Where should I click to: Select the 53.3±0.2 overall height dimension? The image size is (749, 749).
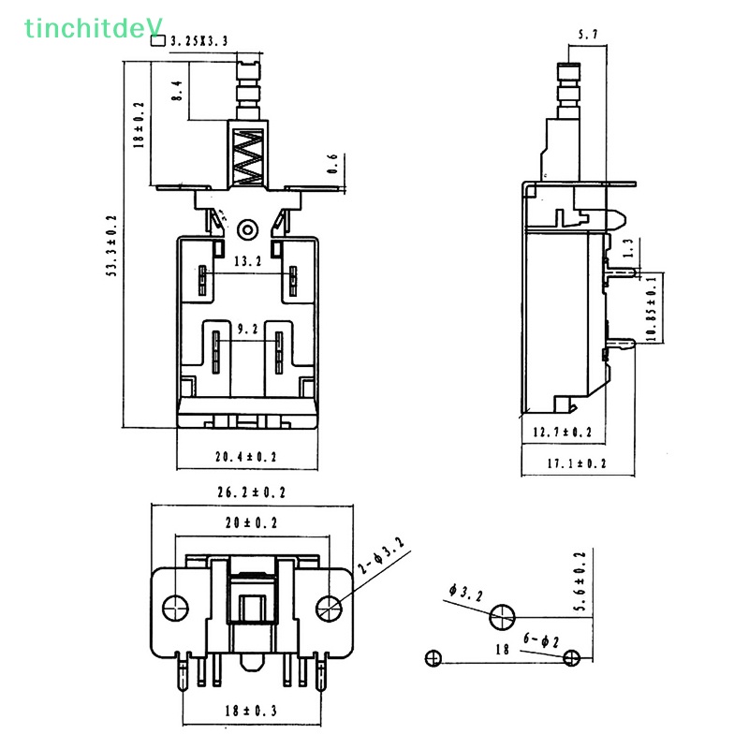(x=111, y=246)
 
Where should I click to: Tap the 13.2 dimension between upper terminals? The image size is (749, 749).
(x=247, y=262)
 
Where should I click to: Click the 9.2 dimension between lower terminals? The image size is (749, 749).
(x=247, y=330)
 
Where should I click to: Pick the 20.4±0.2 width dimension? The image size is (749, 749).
(x=246, y=457)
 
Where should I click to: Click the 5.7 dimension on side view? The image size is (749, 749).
(x=589, y=36)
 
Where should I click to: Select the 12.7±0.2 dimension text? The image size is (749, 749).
(x=563, y=432)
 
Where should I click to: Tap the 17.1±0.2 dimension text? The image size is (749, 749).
(x=576, y=463)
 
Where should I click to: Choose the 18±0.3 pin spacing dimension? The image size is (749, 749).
(x=251, y=712)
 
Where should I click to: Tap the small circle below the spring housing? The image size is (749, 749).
(x=248, y=228)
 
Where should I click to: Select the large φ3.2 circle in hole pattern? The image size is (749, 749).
(x=501, y=617)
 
